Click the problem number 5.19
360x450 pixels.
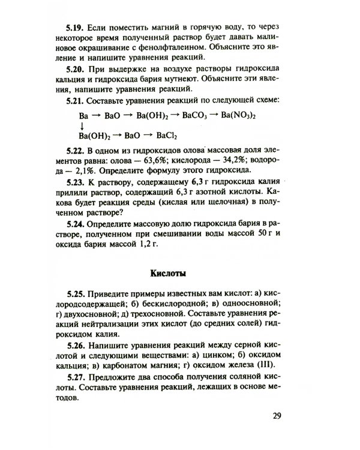tap(76, 29)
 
